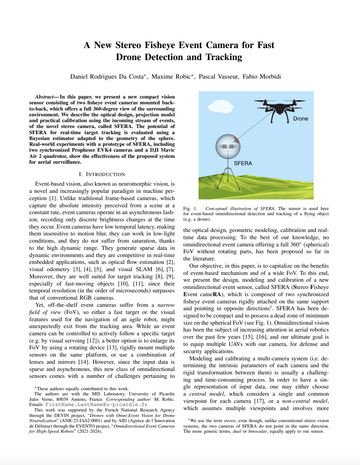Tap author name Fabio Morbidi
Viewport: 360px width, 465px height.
click(x=262, y=77)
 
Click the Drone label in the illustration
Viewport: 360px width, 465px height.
click(x=300, y=119)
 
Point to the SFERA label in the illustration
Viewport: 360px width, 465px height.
click(x=243, y=163)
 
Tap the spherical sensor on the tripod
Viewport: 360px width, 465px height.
click(x=227, y=147)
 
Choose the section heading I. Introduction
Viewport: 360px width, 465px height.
click(x=102, y=174)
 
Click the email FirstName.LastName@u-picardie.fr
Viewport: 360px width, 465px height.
click(x=96, y=405)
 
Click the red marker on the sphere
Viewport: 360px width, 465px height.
click(x=236, y=140)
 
